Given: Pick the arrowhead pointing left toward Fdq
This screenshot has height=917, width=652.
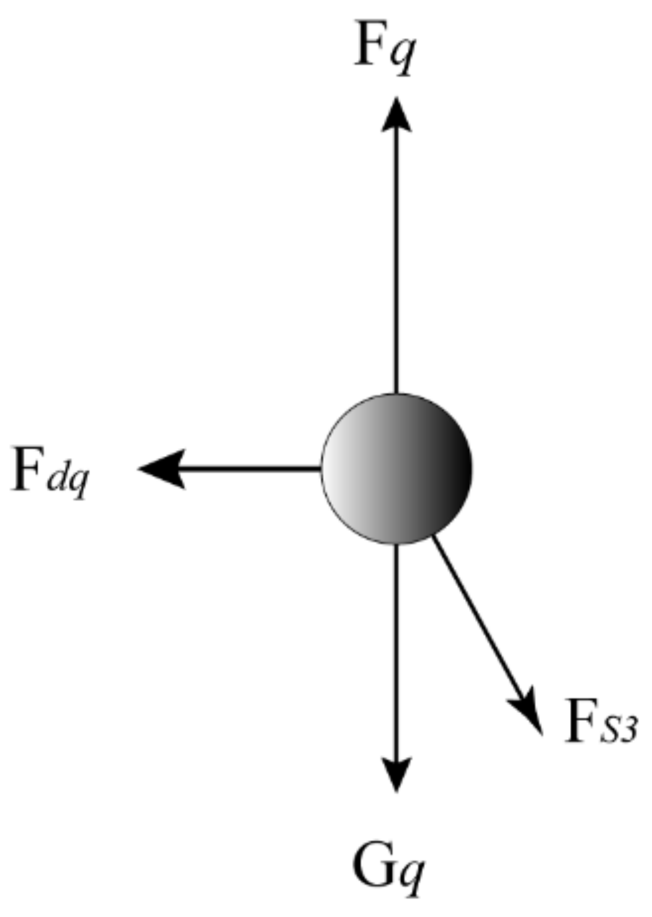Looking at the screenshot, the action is tap(163, 468).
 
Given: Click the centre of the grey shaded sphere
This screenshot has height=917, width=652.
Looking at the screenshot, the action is tap(397, 468).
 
